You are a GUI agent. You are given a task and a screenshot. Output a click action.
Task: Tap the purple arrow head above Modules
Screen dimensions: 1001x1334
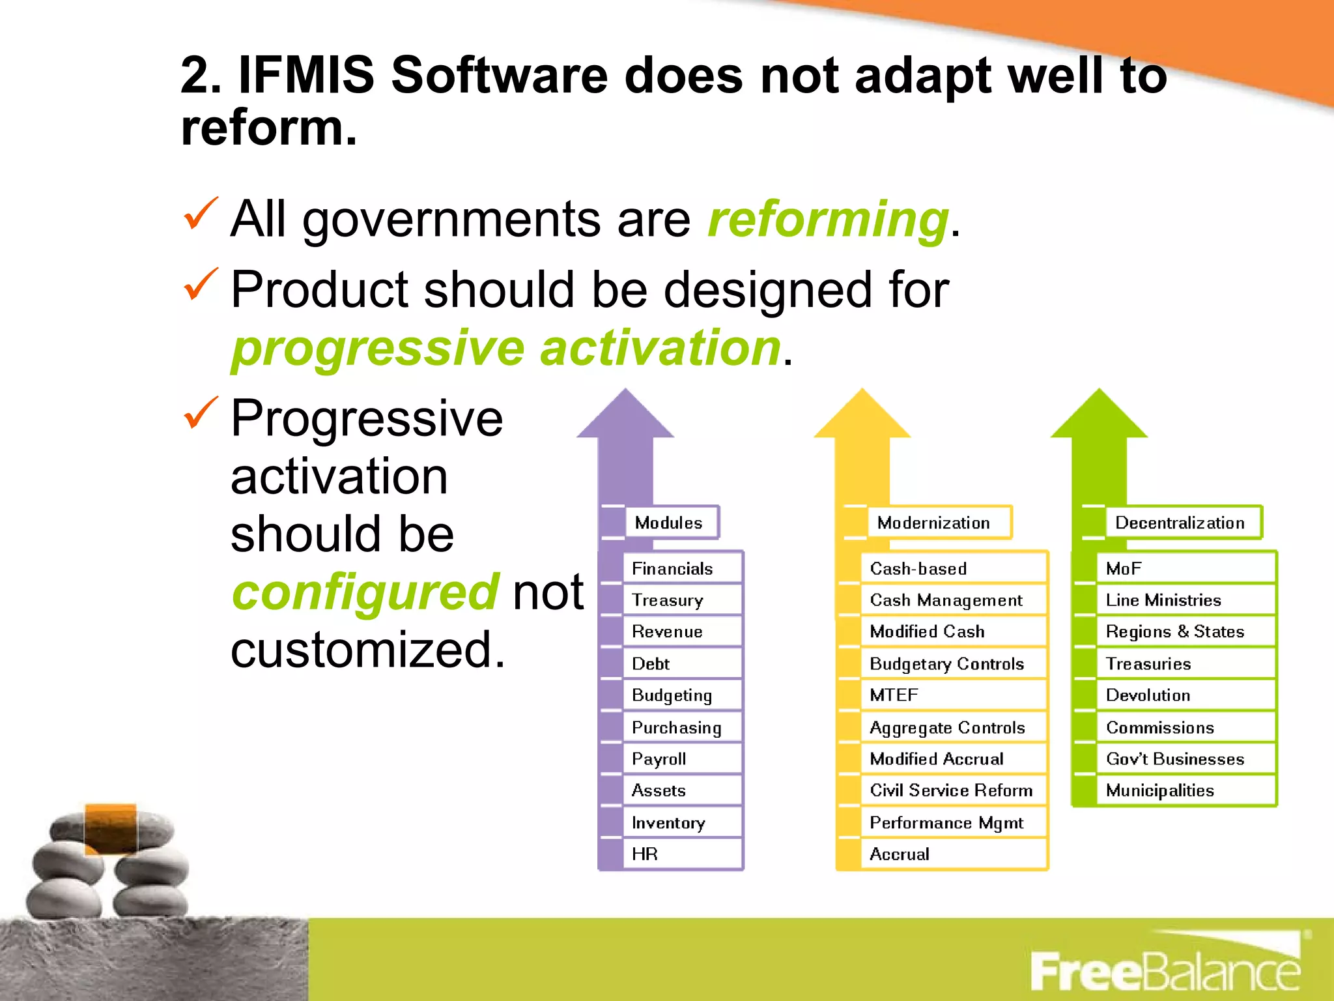[x=625, y=418]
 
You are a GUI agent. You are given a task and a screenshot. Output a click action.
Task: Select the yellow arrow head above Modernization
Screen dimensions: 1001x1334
[x=862, y=418]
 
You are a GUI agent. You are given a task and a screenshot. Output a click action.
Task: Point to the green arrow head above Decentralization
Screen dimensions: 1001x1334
[x=1100, y=418]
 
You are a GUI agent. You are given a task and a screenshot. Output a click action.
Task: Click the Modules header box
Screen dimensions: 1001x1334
[x=671, y=523]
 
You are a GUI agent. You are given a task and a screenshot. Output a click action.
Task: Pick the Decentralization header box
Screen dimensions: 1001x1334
[x=1183, y=523]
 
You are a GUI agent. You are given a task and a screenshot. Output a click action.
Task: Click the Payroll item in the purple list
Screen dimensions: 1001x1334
[x=681, y=759]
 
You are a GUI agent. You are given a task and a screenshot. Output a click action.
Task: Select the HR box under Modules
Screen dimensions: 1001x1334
[x=681, y=854]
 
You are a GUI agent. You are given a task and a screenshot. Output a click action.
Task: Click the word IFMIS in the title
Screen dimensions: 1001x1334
[x=306, y=76]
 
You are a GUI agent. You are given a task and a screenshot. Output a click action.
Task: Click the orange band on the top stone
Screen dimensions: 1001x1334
[x=110, y=828]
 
